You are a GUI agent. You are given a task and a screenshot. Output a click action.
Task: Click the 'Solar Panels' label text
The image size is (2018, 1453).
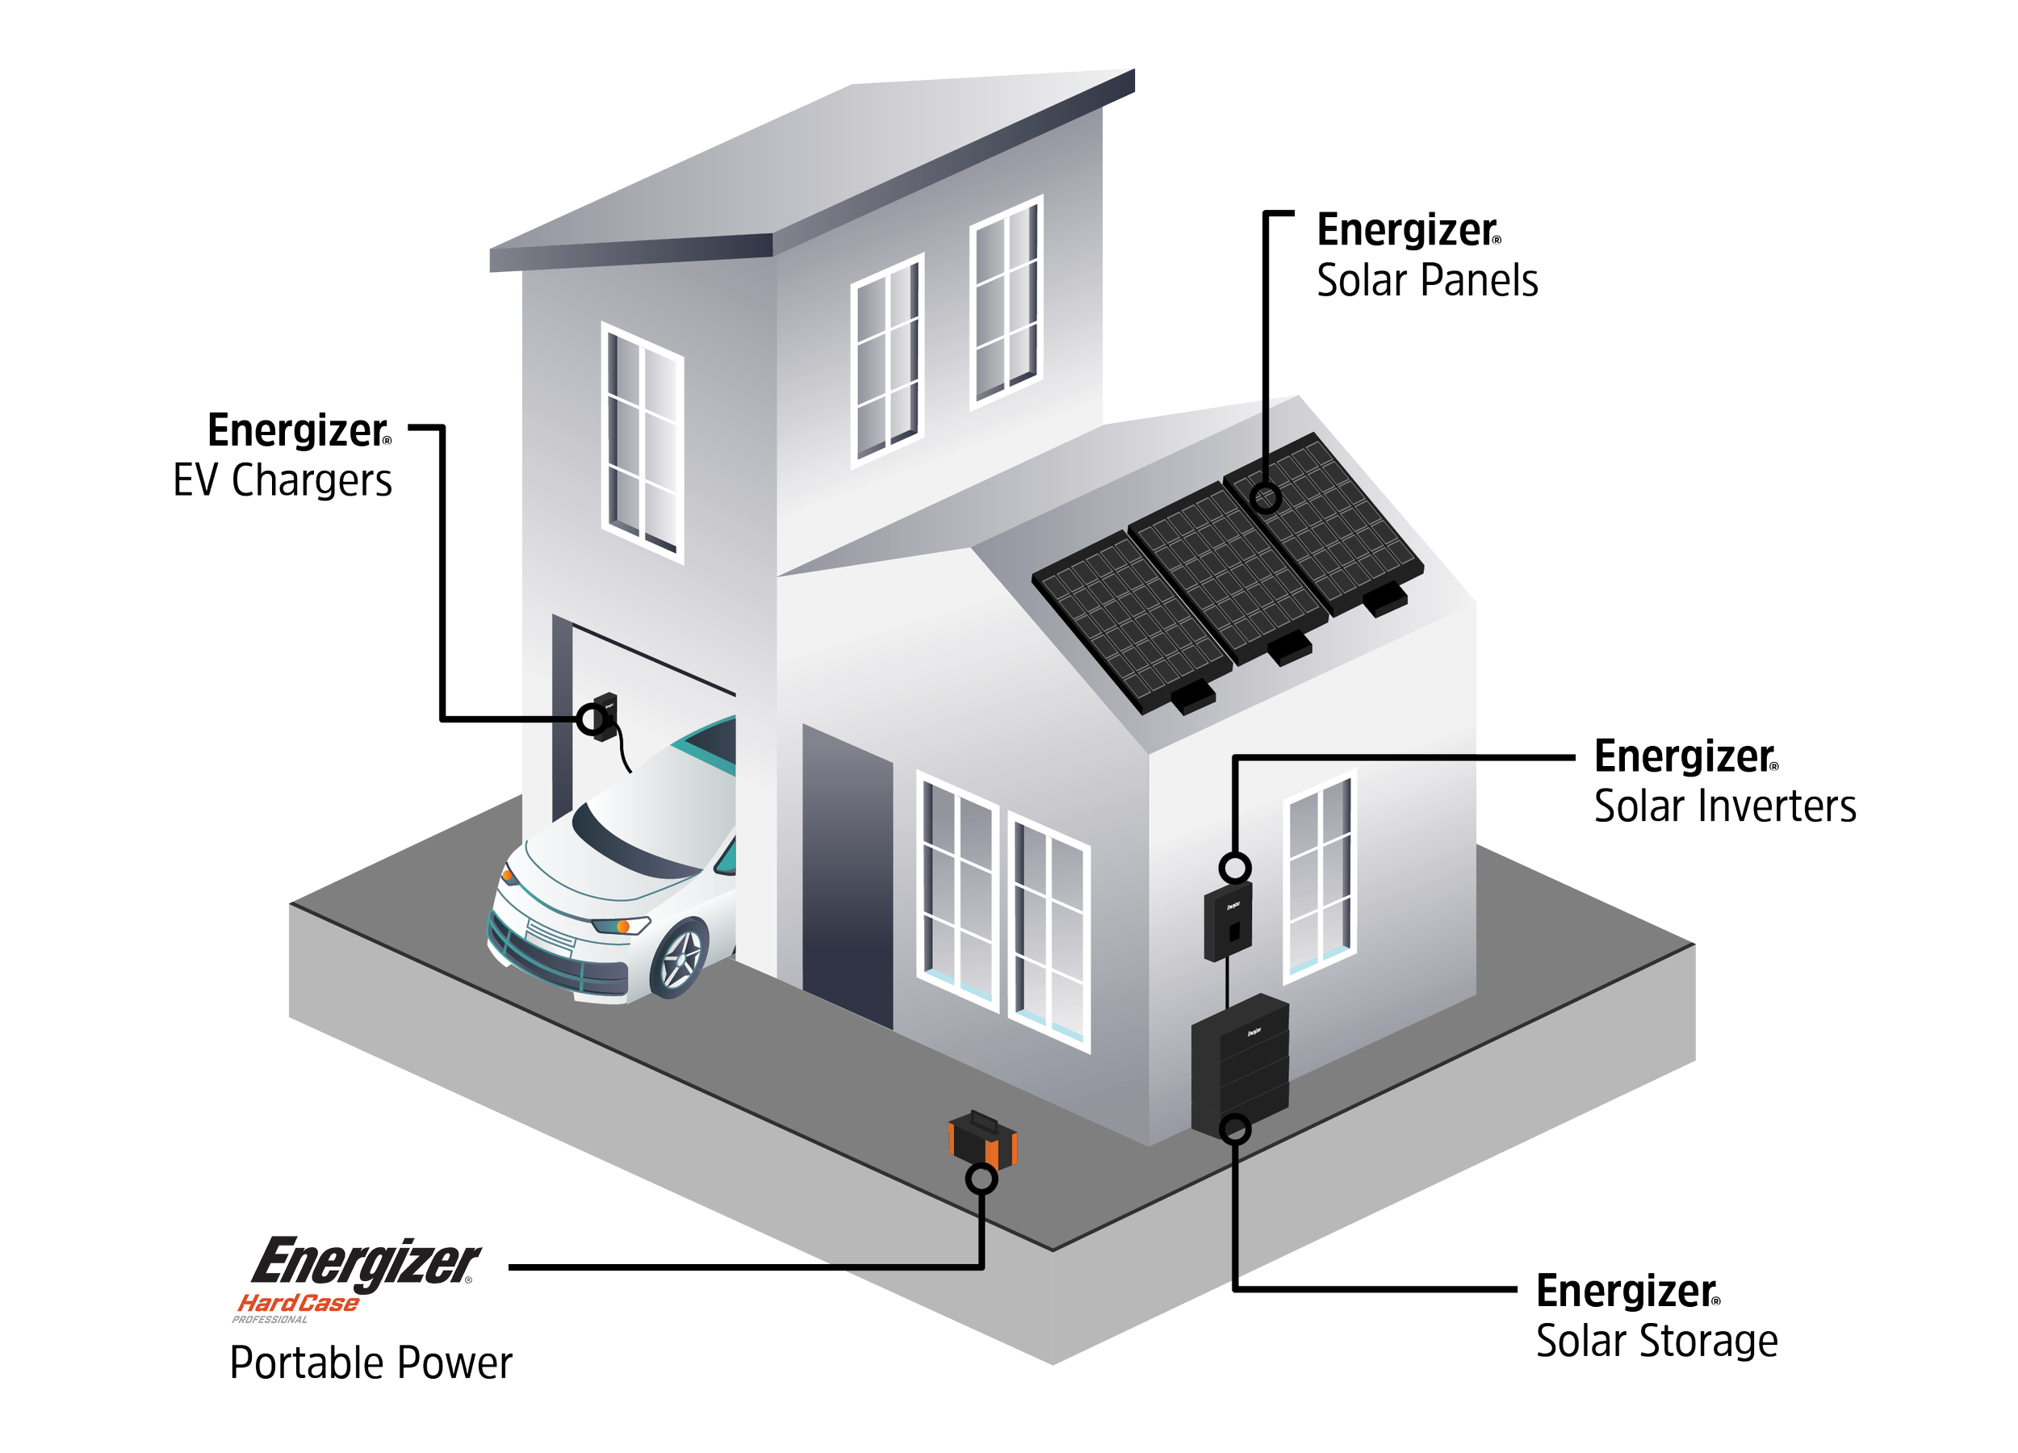(1426, 281)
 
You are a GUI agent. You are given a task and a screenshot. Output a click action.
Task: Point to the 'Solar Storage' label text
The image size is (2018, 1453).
(1656, 1341)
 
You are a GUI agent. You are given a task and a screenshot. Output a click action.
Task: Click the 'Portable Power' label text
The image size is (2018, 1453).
(371, 1363)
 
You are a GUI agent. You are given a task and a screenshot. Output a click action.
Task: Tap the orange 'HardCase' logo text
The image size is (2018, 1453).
(297, 1304)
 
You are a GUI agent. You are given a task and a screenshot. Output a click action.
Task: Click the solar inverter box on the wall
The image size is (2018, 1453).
(1227, 921)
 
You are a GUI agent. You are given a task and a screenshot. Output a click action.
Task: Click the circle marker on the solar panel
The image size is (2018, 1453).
(1265, 497)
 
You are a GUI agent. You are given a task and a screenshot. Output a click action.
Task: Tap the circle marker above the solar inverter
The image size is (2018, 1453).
(1235, 866)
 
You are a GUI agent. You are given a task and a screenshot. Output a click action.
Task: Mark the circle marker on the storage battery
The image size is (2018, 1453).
(1235, 1130)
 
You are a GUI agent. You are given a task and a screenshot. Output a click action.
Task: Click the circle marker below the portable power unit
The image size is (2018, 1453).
(982, 1180)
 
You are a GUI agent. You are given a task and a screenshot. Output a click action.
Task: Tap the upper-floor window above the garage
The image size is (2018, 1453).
(643, 442)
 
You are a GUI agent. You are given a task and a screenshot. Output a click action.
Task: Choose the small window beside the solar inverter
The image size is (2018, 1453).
(1320, 877)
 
